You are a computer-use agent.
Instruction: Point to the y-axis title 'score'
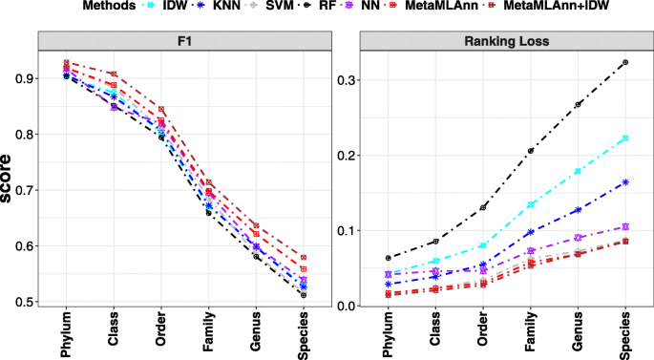(x=11, y=180)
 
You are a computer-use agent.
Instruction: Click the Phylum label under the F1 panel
(x=66, y=334)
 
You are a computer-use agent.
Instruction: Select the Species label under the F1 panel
(x=303, y=334)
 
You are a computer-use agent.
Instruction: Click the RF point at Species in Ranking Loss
(x=624, y=63)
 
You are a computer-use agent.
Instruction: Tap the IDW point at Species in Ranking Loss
(x=624, y=138)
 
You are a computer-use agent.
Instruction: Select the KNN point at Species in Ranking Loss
(x=624, y=181)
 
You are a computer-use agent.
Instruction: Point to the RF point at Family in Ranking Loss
(x=530, y=151)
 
